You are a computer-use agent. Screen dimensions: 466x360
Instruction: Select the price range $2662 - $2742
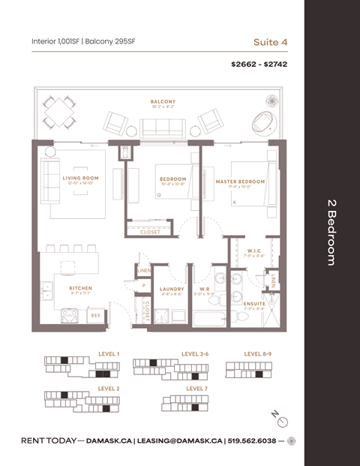(259, 65)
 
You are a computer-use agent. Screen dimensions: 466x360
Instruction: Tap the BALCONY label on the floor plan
(163, 101)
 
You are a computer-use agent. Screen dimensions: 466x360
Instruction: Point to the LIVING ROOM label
(80, 178)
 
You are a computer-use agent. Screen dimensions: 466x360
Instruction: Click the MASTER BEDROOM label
(240, 181)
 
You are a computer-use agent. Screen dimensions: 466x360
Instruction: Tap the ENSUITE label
(254, 303)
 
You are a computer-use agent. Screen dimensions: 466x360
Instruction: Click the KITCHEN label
(80, 287)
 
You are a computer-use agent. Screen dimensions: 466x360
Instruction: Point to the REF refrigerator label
(95, 316)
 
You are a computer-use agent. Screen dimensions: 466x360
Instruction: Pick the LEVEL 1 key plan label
(109, 353)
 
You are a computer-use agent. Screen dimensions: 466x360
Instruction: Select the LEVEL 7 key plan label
(196, 389)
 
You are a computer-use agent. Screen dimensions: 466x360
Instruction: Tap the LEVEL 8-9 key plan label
(258, 353)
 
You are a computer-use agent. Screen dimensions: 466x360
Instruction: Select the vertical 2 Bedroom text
(331, 233)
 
